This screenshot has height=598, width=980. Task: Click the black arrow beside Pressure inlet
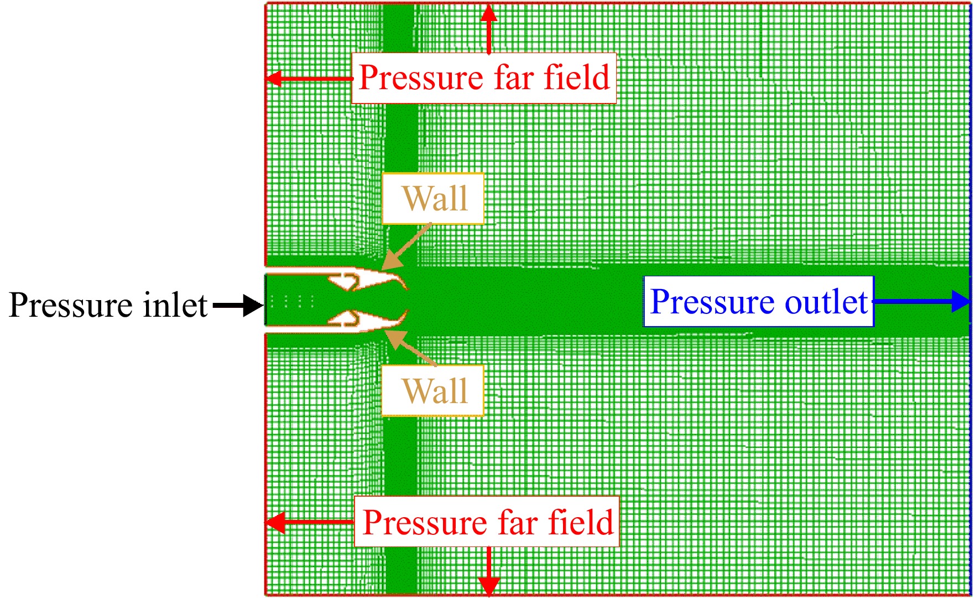[x=238, y=305]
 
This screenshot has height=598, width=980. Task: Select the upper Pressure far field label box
[x=484, y=78]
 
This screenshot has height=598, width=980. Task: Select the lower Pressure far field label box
[x=487, y=522]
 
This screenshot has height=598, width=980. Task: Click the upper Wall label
[x=433, y=198]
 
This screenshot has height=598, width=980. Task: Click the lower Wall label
[x=433, y=390]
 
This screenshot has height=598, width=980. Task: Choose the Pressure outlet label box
[x=758, y=301]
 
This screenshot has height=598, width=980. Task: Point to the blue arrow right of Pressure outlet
[x=922, y=301]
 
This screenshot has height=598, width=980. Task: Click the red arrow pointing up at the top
[x=488, y=29]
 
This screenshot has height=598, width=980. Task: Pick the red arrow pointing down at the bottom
[x=489, y=571]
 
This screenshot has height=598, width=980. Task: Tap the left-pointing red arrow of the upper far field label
[x=309, y=78]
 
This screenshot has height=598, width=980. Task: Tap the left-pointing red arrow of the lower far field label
[x=310, y=522]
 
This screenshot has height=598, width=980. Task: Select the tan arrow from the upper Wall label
[x=406, y=247]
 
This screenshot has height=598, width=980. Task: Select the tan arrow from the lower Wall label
[x=410, y=348]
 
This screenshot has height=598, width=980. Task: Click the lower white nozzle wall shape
[x=337, y=323]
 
